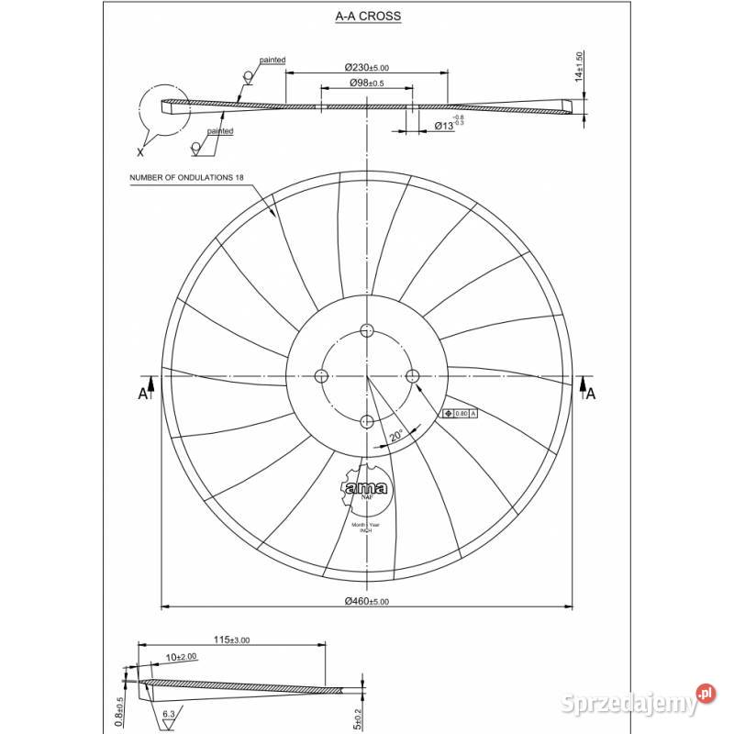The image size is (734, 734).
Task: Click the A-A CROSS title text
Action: pos(367,17)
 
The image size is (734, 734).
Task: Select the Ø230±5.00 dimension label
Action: pos(367,67)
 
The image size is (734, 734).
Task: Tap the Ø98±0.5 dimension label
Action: pos(366,83)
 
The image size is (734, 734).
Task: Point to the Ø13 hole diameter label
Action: pos(448,125)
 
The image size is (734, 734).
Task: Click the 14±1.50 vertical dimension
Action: pos(578,67)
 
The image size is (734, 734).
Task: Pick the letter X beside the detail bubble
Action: pos(140,150)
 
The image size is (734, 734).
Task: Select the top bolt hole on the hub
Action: pos(367,330)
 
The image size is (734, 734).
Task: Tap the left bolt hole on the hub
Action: pos(321,375)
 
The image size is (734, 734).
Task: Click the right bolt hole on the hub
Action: pos(412,375)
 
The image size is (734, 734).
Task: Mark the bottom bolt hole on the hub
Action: pos(367,421)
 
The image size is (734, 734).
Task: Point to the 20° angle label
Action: pos(396,436)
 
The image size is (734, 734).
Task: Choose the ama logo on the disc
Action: pos(366,489)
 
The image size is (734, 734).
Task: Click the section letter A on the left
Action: pos(142,393)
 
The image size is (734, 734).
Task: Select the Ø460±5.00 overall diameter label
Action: pos(367,601)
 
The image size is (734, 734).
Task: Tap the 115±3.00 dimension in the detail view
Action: pos(232,639)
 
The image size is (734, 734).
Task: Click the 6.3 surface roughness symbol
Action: pos(169,713)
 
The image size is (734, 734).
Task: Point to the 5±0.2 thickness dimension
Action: pos(357,715)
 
